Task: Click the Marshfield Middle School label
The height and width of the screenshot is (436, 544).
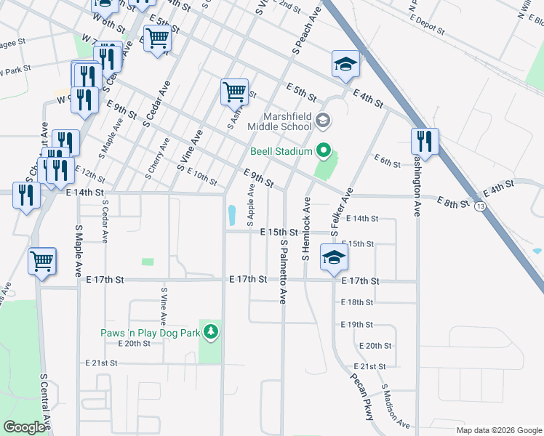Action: pos(279,121)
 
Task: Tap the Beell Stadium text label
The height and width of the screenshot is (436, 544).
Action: pos(281,152)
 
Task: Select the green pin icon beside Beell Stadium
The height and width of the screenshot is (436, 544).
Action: pos(324,152)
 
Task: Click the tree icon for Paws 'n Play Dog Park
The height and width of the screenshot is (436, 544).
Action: pos(211,332)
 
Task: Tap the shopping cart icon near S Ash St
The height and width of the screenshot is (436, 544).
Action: pos(234,92)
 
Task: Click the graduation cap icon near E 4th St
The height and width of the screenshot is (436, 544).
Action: pos(345,64)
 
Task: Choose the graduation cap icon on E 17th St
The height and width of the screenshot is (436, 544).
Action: pos(333,259)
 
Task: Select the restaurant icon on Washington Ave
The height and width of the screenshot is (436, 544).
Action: pos(424,141)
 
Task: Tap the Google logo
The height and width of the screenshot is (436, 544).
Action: pos(24,427)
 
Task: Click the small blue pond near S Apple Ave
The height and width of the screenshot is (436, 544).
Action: pos(231,215)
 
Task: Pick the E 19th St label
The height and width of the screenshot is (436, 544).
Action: pos(356,324)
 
